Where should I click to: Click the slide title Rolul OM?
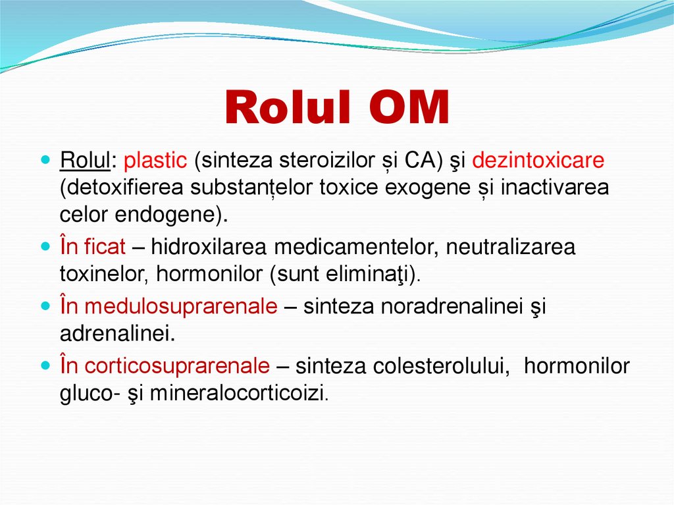tap(336, 109)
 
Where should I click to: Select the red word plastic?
tap(156, 161)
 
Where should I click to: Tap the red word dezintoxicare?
tap(538, 161)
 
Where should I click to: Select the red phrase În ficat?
tap(92, 248)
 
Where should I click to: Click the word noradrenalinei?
tap(456, 307)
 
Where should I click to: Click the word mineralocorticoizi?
tap(238, 393)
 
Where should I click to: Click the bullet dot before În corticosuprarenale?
tap(45, 365)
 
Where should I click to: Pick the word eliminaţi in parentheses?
tap(373, 275)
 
